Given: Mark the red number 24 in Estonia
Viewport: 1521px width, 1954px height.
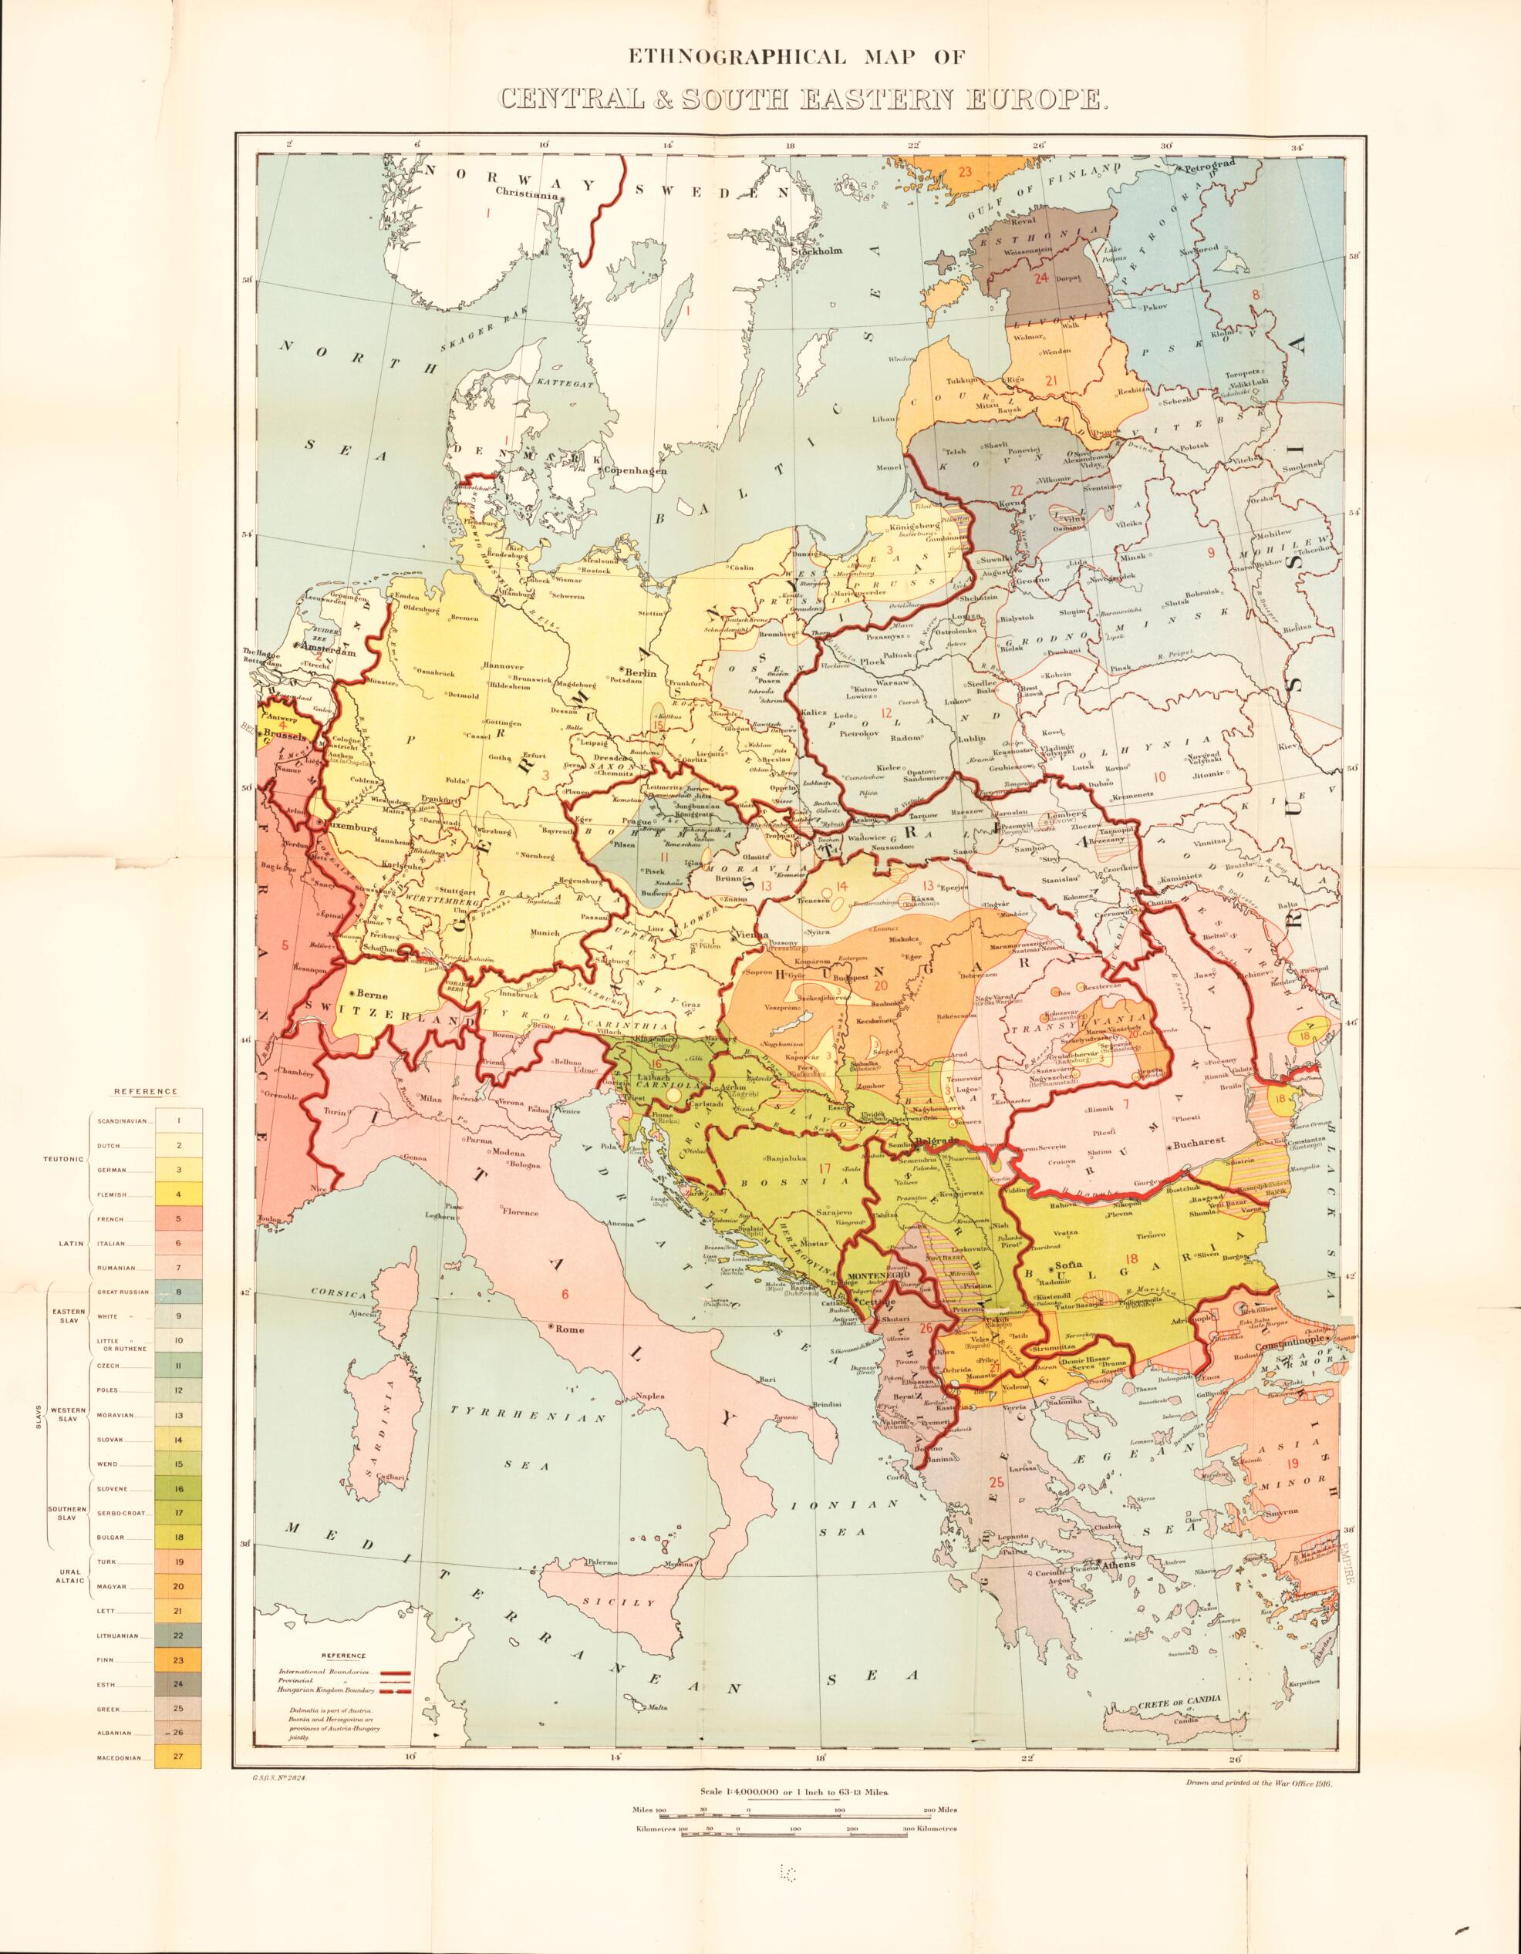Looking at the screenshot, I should tap(1040, 278).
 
